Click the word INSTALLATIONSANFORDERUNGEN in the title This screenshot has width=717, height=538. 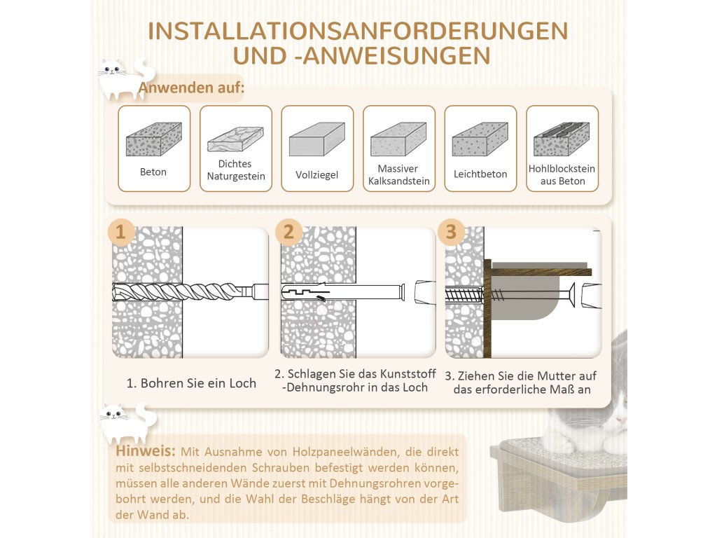(358, 32)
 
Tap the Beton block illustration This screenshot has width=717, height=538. (153, 139)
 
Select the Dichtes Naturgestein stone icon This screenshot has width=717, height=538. (235, 139)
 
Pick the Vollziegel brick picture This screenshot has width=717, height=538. (316, 139)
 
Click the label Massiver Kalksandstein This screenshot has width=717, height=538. (398, 175)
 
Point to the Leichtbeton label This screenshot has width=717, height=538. (480, 174)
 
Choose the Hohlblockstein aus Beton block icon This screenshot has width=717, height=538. (562, 139)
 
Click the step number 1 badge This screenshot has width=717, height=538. (121, 232)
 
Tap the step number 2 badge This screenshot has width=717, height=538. (289, 232)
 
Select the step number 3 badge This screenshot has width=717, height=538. (451, 232)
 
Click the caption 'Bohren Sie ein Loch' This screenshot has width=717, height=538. (191, 383)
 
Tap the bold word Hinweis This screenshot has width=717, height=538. (146, 451)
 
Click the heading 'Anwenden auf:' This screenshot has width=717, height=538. (191, 88)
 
